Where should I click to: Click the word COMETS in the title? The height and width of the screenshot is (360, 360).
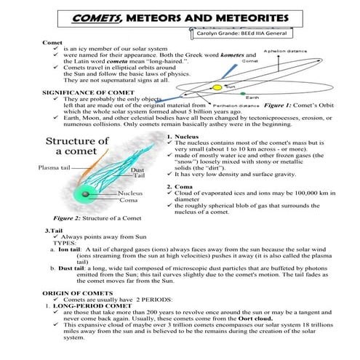[102, 15]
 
